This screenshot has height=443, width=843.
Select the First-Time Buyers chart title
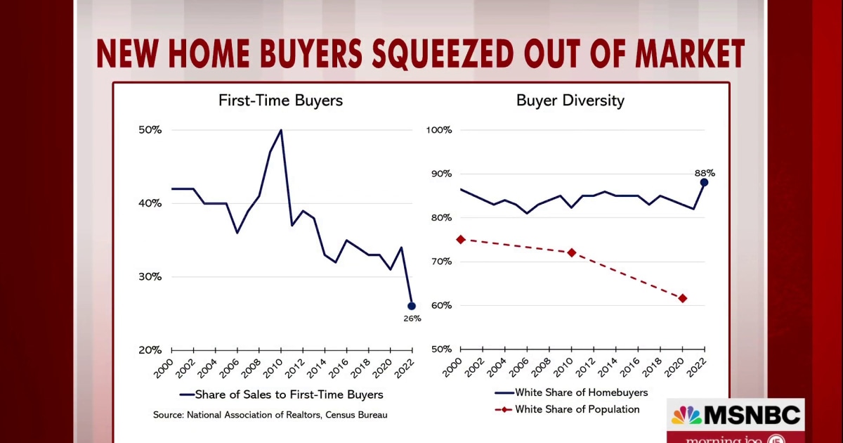pos(280,101)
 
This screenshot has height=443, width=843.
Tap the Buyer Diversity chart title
pos(570,101)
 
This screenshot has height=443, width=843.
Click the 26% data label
pos(412,319)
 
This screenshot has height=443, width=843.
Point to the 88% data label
pos(705,173)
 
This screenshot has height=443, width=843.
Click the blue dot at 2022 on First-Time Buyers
pos(412,306)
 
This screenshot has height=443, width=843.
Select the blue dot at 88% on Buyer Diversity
pos(704,182)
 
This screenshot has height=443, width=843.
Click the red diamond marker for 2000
pos(461,239)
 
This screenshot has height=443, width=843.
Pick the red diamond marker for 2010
pos(572,252)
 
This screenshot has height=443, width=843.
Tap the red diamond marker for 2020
pos(682,298)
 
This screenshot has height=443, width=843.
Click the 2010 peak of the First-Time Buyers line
pos(281,130)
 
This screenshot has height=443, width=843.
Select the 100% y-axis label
pos(438,130)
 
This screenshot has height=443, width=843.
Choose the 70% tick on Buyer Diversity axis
pos(440,262)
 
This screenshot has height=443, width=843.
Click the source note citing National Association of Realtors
pos(270,415)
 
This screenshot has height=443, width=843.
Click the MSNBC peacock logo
pos(686,416)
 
